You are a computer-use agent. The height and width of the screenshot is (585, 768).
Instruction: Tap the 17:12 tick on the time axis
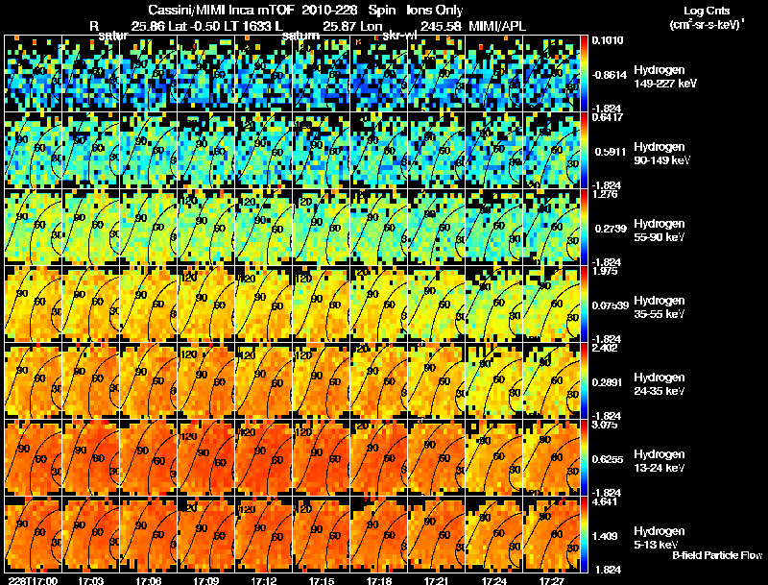(263, 579)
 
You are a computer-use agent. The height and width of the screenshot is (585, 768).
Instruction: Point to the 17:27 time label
(552, 579)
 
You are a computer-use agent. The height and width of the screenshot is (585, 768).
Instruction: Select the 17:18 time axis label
(379, 579)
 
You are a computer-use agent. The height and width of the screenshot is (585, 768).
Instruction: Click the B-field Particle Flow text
(716, 555)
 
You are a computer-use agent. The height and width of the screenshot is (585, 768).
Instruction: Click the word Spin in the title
(375, 9)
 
